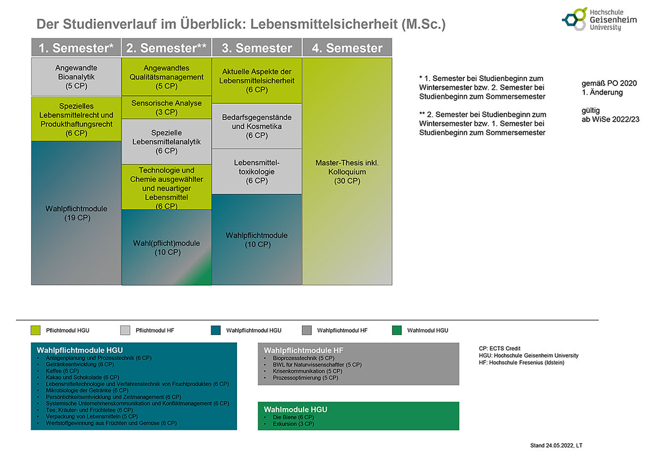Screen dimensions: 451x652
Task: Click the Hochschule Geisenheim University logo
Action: [598, 19]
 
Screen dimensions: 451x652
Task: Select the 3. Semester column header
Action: [256, 48]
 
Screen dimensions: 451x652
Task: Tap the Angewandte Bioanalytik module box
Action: [76, 77]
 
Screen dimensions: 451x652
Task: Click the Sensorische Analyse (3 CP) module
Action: [166, 107]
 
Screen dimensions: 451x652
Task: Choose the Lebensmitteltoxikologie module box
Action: [256, 172]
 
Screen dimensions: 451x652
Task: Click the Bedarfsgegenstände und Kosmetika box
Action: [256, 126]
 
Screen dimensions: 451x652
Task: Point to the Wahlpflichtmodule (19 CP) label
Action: [76, 213]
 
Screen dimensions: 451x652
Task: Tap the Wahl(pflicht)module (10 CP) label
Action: [167, 247]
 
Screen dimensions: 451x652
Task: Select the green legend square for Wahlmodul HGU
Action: [397, 330]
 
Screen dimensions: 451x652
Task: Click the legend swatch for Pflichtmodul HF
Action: [125, 330]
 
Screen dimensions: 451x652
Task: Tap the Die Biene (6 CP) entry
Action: [293, 417]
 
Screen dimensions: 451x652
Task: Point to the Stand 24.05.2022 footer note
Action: [556, 445]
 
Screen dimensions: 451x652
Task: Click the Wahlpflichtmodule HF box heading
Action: [304, 350]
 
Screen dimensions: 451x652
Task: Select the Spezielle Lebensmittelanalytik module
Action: [166, 142]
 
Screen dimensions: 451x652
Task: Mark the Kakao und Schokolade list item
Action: [82, 377]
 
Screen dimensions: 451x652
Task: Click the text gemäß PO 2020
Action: [609, 83]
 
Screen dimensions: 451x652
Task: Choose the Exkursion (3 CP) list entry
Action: [293, 424]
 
